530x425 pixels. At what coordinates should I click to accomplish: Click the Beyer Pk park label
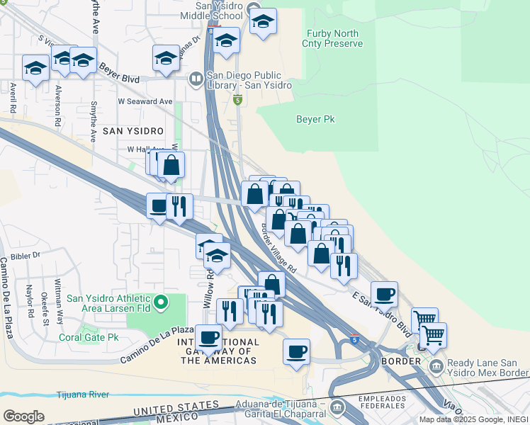click(x=315, y=120)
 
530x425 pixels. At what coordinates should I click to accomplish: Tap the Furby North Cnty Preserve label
click(x=334, y=38)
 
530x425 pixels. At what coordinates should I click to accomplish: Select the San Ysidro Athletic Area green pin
click(x=161, y=303)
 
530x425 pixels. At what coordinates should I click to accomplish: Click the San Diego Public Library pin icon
click(x=196, y=79)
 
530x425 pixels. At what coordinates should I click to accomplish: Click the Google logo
click(x=23, y=416)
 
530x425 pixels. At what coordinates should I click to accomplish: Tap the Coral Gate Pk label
click(x=89, y=338)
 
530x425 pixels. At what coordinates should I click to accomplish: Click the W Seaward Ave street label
click(x=145, y=101)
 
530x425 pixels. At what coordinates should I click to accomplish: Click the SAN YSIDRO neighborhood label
click(x=132, y=132)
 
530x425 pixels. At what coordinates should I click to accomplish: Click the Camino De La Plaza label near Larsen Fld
click(x=157, y=342)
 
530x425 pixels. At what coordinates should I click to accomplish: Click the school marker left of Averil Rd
click(x=35, y=68)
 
